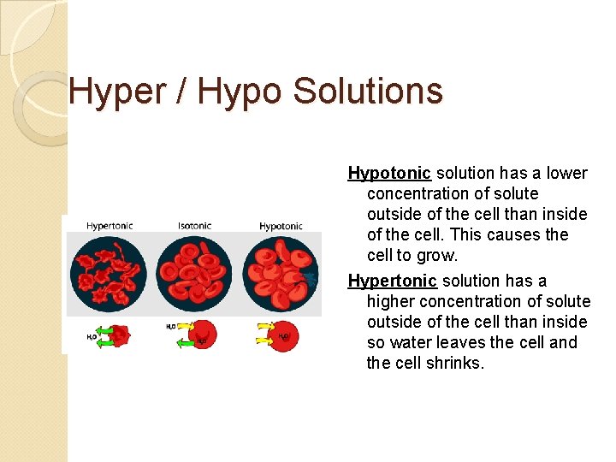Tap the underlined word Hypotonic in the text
point(389,174)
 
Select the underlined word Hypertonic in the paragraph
point(393,281)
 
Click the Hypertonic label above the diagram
point(109,226)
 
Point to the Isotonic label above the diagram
point(194,226)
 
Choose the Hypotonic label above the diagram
point(281,226)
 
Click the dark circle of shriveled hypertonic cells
point(109,273)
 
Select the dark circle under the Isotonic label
point(194,273)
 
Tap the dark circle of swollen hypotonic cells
point(281,273)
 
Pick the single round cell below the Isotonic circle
point(203,335)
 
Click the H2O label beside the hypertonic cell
point(92,337)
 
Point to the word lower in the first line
point(567,174)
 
